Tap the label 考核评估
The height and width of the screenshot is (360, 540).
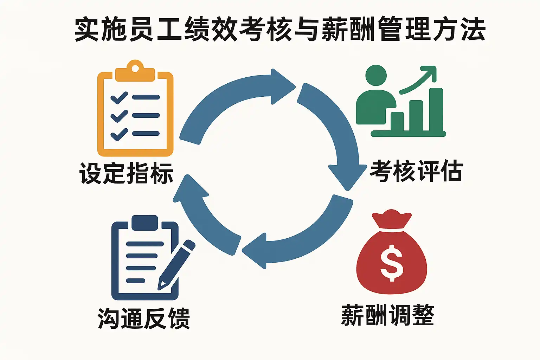(416, 171)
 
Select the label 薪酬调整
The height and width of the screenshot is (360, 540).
(387, 315)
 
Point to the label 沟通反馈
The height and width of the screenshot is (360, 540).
(144, 318)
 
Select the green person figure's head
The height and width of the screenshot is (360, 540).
(376, 75)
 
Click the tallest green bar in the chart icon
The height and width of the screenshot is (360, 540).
(436, 110)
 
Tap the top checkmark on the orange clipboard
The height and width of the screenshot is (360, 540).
(119, 97)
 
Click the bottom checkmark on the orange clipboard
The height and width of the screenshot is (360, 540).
(119, 134)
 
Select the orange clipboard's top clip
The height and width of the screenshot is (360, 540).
(135, 70)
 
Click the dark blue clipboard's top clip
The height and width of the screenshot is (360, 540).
(144, 223)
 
